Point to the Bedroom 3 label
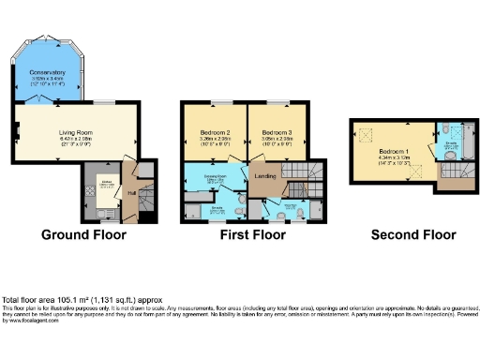coord(278,132)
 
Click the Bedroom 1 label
coord(388,151)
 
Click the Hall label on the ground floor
coord(131,194)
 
